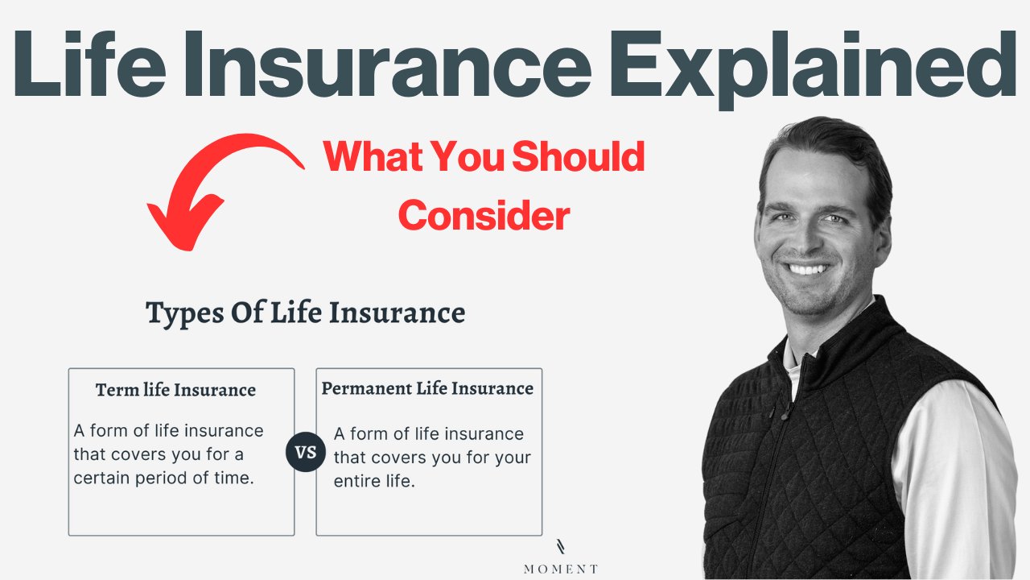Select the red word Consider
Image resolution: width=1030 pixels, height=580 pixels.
[484, 215]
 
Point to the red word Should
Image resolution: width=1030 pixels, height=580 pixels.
[578, 156]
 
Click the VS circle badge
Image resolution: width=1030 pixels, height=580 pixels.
[306, 452]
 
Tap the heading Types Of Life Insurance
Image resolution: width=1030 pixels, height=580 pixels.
[305, 313]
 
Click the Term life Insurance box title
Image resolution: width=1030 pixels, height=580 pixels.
[175, 391]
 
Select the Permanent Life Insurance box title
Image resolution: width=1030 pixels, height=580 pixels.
[427, 388]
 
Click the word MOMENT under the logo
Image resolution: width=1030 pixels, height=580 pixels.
[561, 569]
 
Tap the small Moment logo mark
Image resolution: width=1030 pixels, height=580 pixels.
[561, 546]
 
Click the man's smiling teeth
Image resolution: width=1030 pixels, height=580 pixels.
[809, 269]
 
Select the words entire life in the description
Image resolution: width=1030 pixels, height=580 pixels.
[374, 481]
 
